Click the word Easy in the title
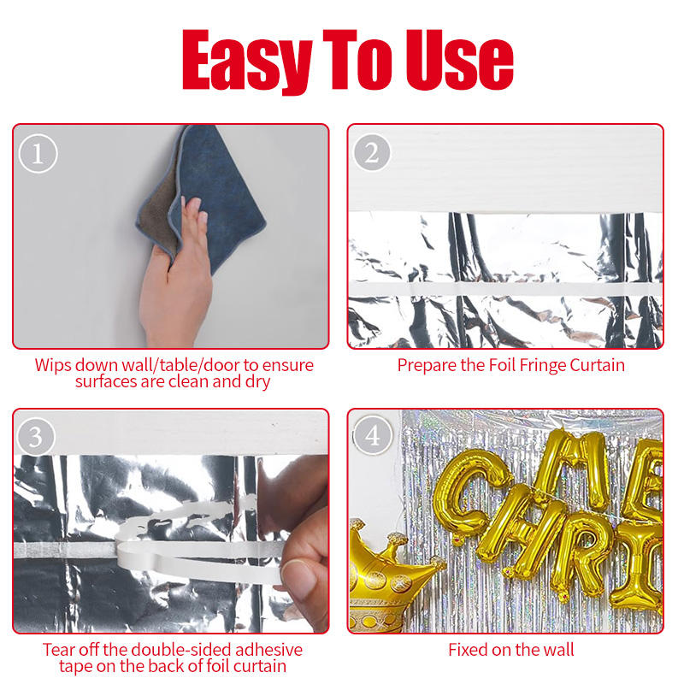point(247,60)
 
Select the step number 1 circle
point(38,153)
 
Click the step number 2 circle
point(372,152)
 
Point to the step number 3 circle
point(35,437)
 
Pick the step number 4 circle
point(373,435)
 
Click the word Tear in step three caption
point(58,650)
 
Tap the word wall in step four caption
point(559,650)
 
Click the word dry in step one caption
point(257,382)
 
